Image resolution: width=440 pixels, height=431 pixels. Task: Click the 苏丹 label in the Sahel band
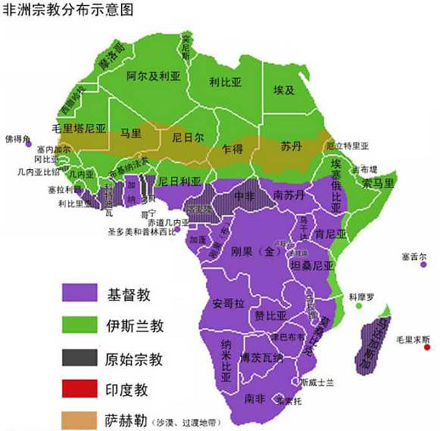pyautogui.click(x=291, y=147)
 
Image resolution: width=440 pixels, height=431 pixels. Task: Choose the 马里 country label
pyautogui.click(x=131, y=134)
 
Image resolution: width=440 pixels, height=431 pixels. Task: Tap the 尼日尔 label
pyautogui.click(x=188, y=138)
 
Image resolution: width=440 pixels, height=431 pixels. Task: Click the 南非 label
pyautogui.click(x=253, y=399)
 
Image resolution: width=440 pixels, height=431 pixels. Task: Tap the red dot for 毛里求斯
pyautogui.click(x=427, y=349)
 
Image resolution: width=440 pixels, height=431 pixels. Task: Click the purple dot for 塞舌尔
pyautogui.click(x=423, y=264)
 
